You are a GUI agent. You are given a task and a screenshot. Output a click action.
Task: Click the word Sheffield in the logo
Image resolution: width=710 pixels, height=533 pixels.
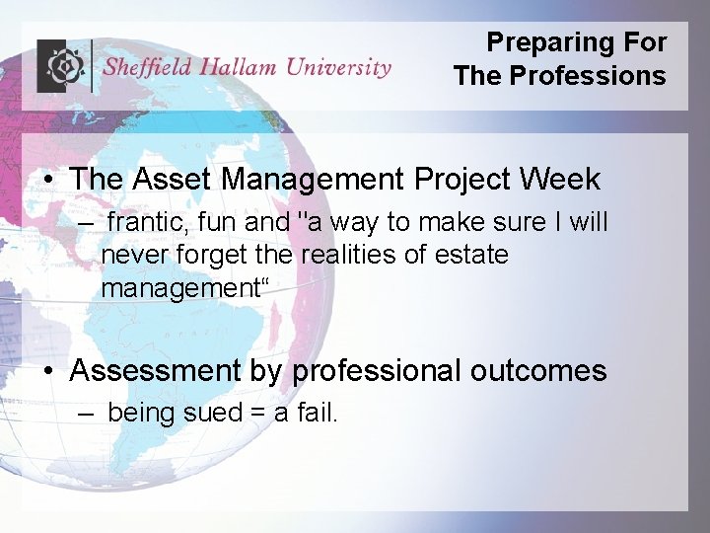(148, 67)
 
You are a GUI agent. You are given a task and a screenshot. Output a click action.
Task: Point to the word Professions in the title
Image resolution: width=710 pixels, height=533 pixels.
(588, 76)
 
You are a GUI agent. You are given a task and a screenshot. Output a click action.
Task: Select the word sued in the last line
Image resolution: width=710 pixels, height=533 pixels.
(212, 413)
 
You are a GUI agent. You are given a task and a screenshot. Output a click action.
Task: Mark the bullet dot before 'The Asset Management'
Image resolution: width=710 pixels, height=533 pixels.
(48, 181)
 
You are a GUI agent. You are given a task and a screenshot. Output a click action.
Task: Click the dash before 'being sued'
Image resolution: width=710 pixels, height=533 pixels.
(87, 414)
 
